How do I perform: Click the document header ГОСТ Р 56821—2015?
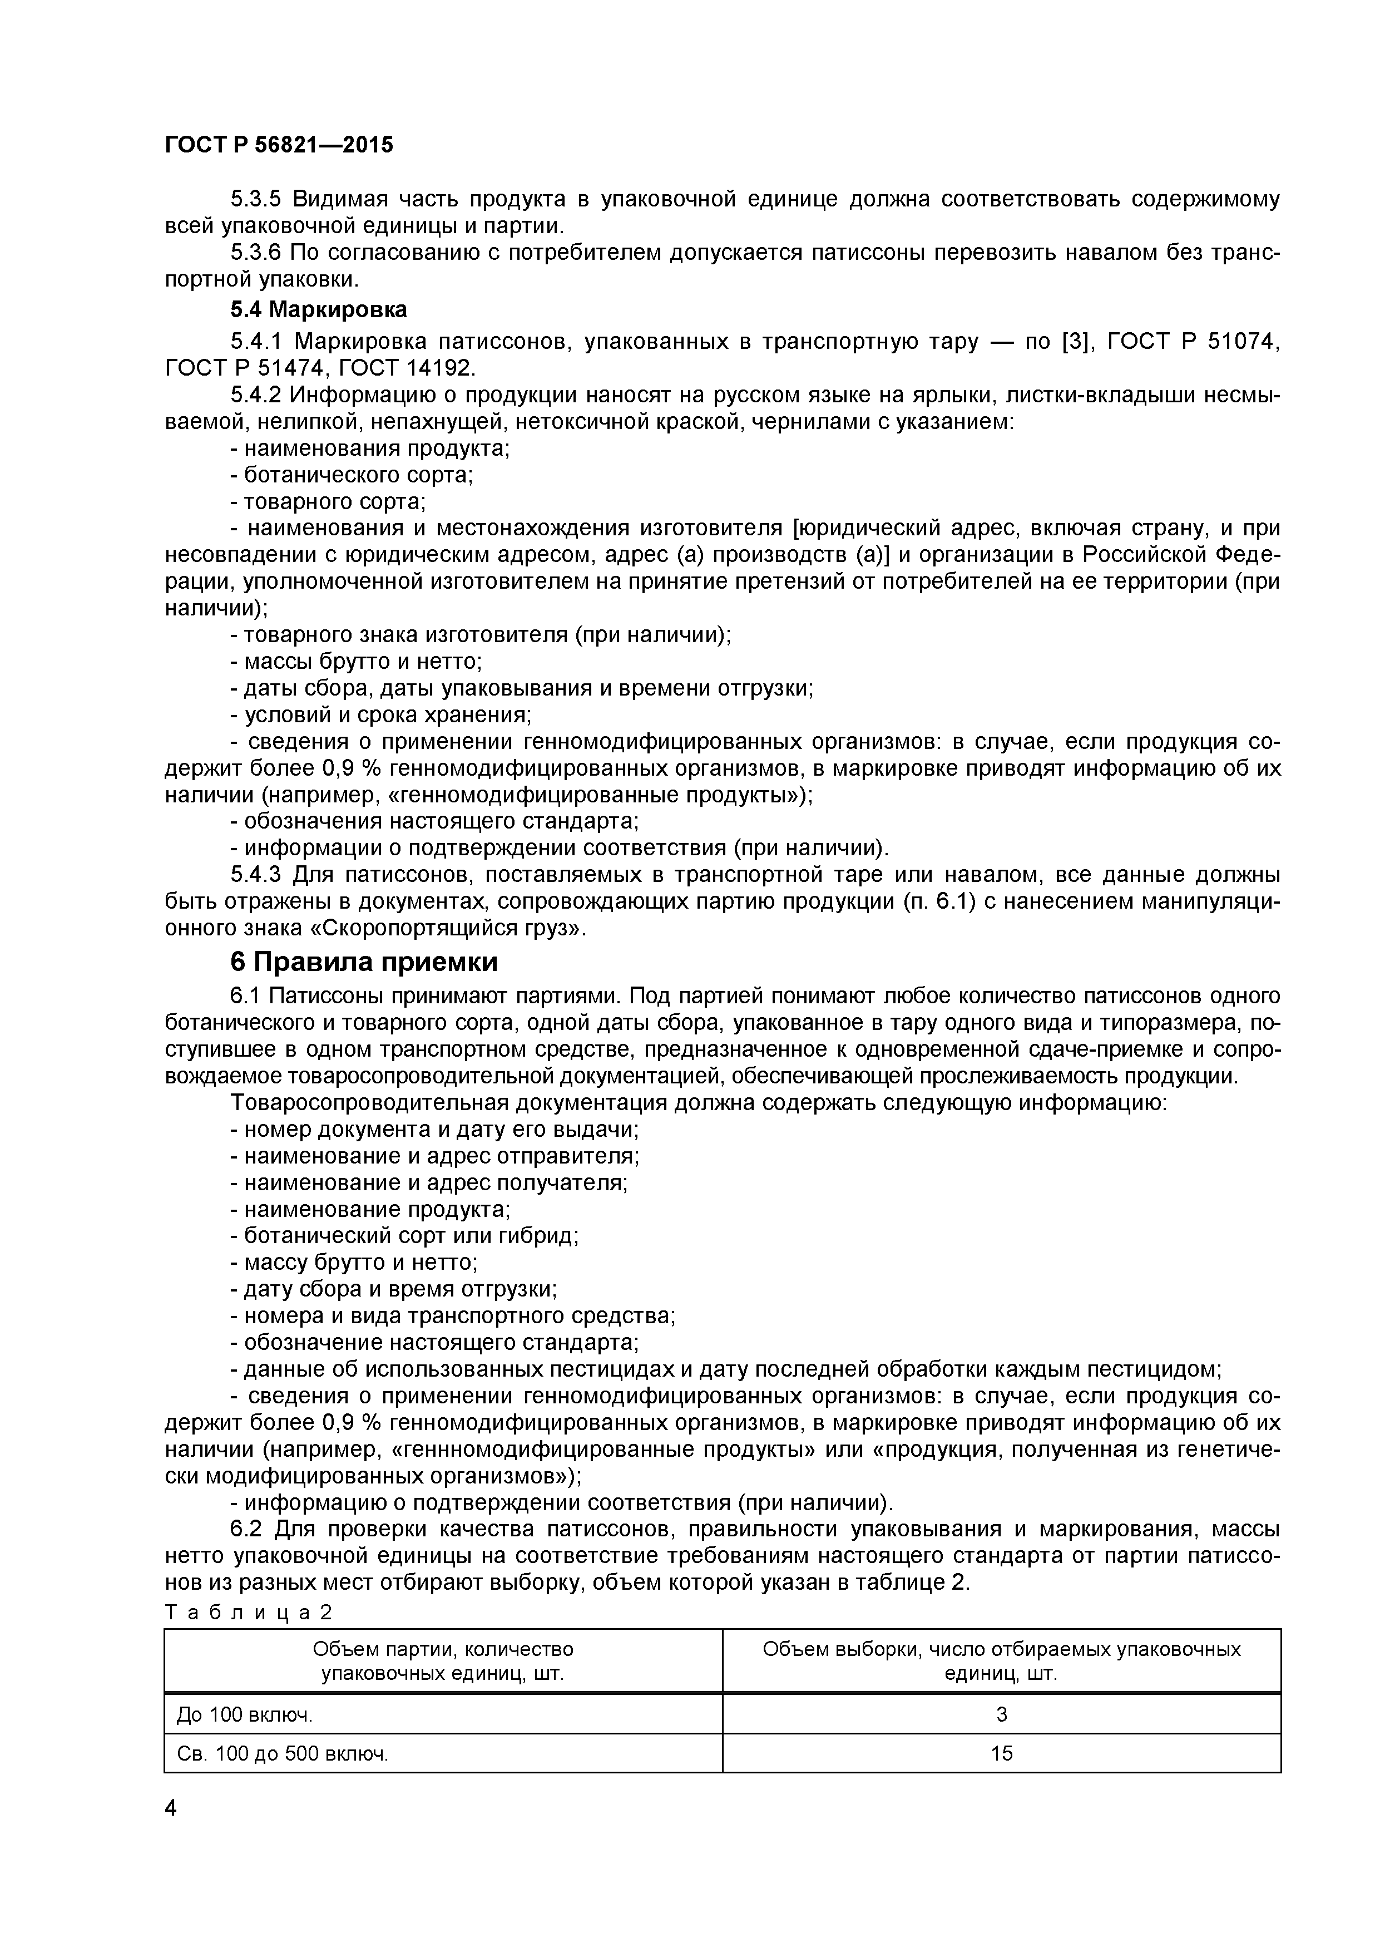pos(279,145)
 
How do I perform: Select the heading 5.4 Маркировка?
pos(319,309)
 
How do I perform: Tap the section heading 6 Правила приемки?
pos(364,963)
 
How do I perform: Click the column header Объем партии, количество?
pos(443,1650)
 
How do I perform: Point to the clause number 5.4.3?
pos(256,874)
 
